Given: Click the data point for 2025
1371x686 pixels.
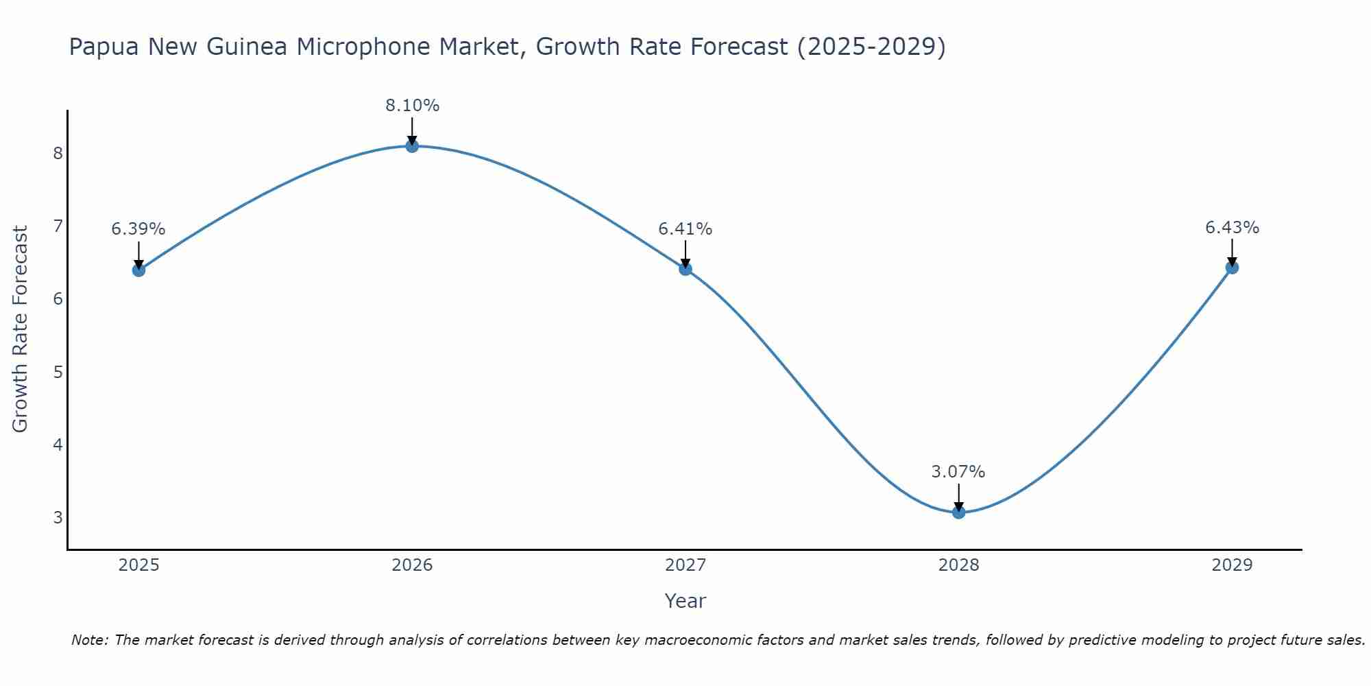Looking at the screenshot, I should pyautogui.click(x=138, y=270).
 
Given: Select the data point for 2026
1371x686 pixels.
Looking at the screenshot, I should pyautogui.click(x=412, y=145).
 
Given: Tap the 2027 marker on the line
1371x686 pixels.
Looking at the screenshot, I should pyautogui.click(x=685, y=268).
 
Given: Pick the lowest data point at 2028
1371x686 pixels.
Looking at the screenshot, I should pyautogui.click(x=958, y=512).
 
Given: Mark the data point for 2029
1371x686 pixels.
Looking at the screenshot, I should pyautogui.click(x=1232, y=267).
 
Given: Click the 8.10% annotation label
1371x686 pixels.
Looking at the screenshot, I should pyautogui.click(x=412, y=106).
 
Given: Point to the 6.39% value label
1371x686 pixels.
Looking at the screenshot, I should pyautogui.click(x=138, y=229).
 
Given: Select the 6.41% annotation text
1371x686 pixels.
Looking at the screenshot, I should pyautogui.click(x=685, y=229).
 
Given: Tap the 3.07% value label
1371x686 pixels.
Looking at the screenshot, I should pyautogui.click(x=958, y=472).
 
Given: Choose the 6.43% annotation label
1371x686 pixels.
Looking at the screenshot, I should pyautogui.click(x=1232, y=228).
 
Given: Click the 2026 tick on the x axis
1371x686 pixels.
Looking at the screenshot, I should pyautogui.click(x=412, y=565).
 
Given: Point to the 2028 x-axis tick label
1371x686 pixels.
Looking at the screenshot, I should pyautogui.click(x=958, y=565).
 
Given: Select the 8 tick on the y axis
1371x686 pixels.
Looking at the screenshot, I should pyautogui.click(x=58, y=153).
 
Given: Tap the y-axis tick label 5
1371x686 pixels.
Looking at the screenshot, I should pyautogui.click(x=58, y=372).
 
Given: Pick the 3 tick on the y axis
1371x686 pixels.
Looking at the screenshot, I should pyautogui.click(x=58, y=517).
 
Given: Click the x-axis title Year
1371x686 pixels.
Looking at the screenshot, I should pyautogui.click(x=685, y=601).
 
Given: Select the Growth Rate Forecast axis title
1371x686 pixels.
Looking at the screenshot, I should pyautogui.click(x=21, y=329).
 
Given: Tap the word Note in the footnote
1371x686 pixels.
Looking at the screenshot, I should pyautogui.click(x=89, y=640).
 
